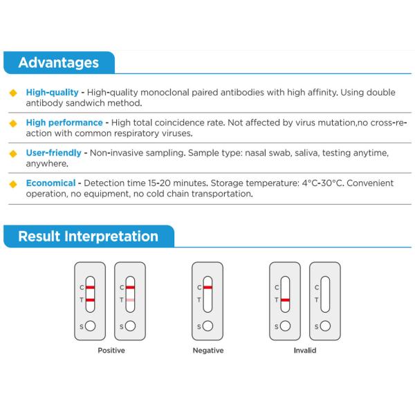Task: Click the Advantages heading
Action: coord(58,63)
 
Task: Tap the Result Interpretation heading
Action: coord(88,237)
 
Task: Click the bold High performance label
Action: coord(64,122)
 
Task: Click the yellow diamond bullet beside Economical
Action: coord(12,184)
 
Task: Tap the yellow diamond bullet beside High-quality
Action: coord(12,93)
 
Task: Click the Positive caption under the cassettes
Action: coord(111,351)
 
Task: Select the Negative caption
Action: coord(207,351)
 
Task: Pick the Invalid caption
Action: coord(304,351)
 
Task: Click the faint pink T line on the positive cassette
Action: coord(130,299)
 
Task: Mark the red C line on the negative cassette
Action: coord(207,287)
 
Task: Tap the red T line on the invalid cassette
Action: coord(285,299)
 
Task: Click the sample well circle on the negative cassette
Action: coord(207,326)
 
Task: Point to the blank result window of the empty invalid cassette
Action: coord(324,293)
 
